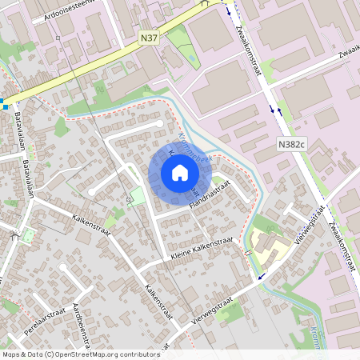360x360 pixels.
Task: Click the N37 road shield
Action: [148, 37]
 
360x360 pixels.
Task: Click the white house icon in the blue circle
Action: [180, 173]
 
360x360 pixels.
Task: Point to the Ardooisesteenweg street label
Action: [70, 9]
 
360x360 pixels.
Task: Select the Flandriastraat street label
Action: [210, 197]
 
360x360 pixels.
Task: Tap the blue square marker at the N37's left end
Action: [5, 105]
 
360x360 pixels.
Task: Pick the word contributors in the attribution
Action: [142, 354]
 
